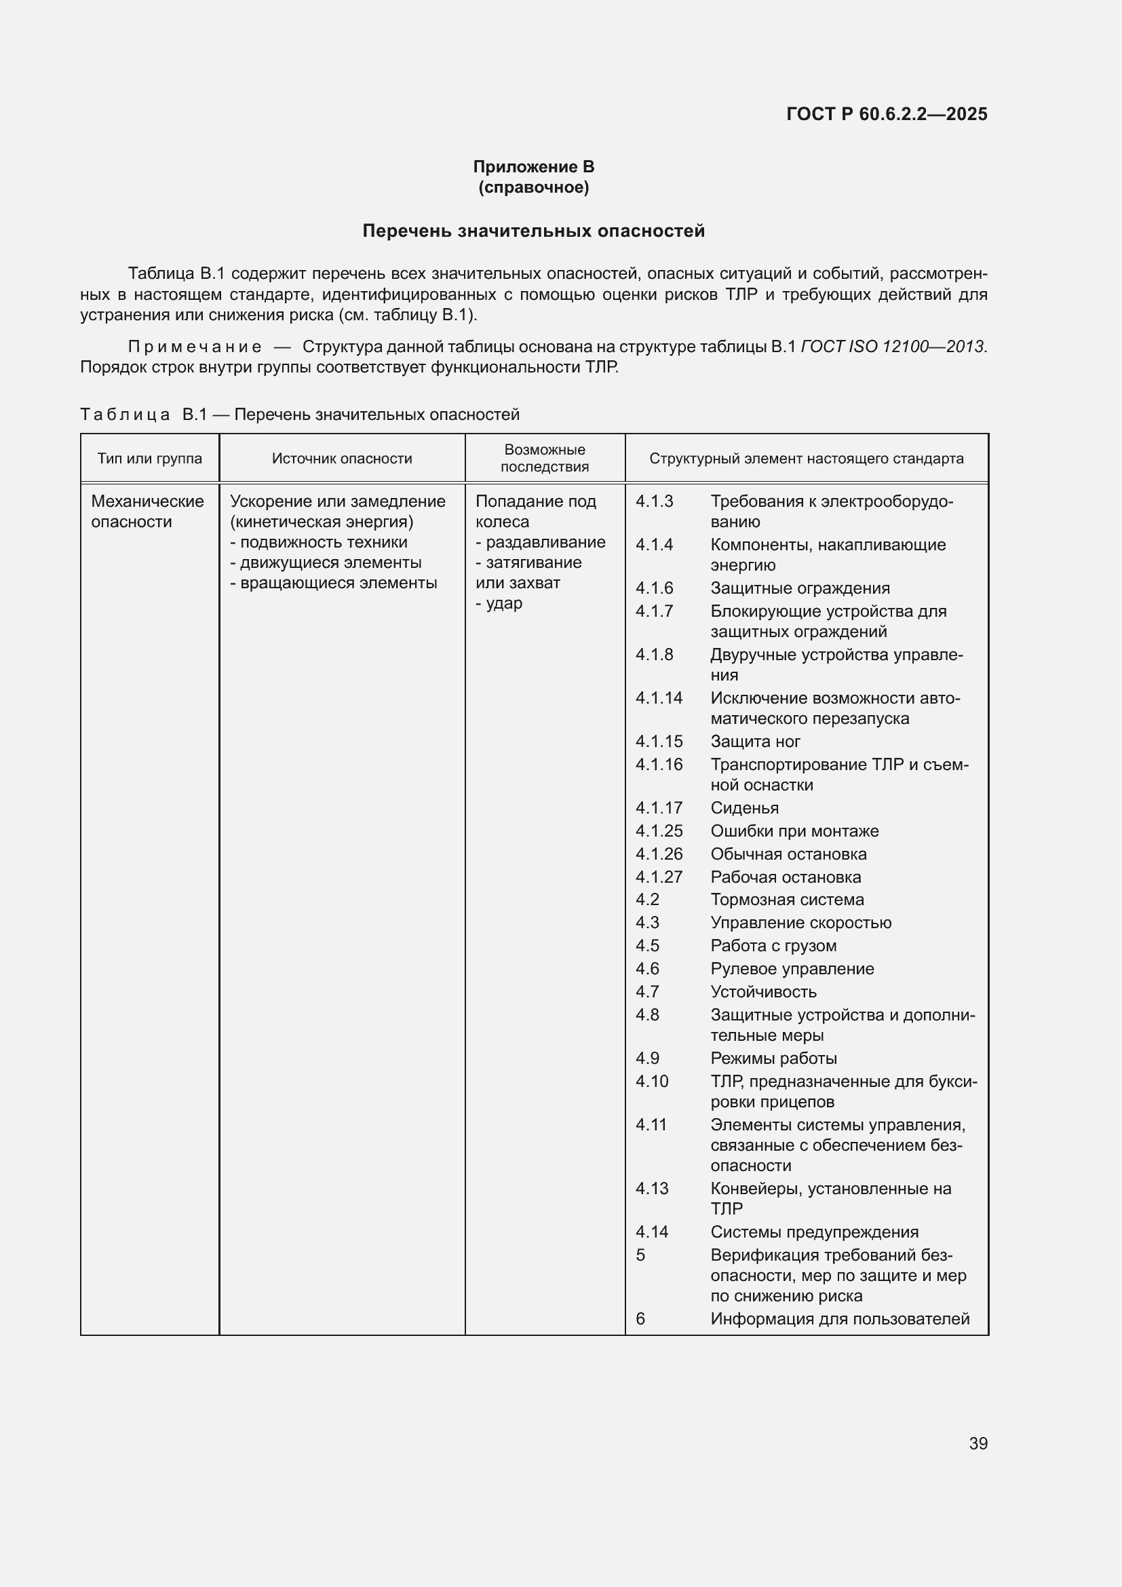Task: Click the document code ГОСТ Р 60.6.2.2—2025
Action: click(887, 114)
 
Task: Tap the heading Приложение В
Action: click(533, 167)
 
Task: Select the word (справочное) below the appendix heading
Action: click(533, 187)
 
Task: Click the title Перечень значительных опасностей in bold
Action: click(533, 231)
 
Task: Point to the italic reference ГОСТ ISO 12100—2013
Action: click(893, 346)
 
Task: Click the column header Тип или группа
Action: click(149, 458)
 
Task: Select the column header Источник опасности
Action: click(341, 458)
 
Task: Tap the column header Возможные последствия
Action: click(545, 458)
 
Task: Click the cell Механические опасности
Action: click(147, 512)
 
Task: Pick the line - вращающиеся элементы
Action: click(334, 583)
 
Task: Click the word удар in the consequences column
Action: click(503, 603)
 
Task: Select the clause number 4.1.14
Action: click(659, 698)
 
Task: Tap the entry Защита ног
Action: click(755, 742)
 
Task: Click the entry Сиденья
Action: click(744, 808)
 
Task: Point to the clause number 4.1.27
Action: click(659, 877)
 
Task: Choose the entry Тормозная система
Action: click(787, 900)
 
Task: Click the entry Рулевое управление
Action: click(792, 969)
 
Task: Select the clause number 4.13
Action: click(651, 1188)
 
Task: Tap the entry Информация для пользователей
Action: click(839, 1319)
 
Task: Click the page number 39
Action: click(978, 1443)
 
